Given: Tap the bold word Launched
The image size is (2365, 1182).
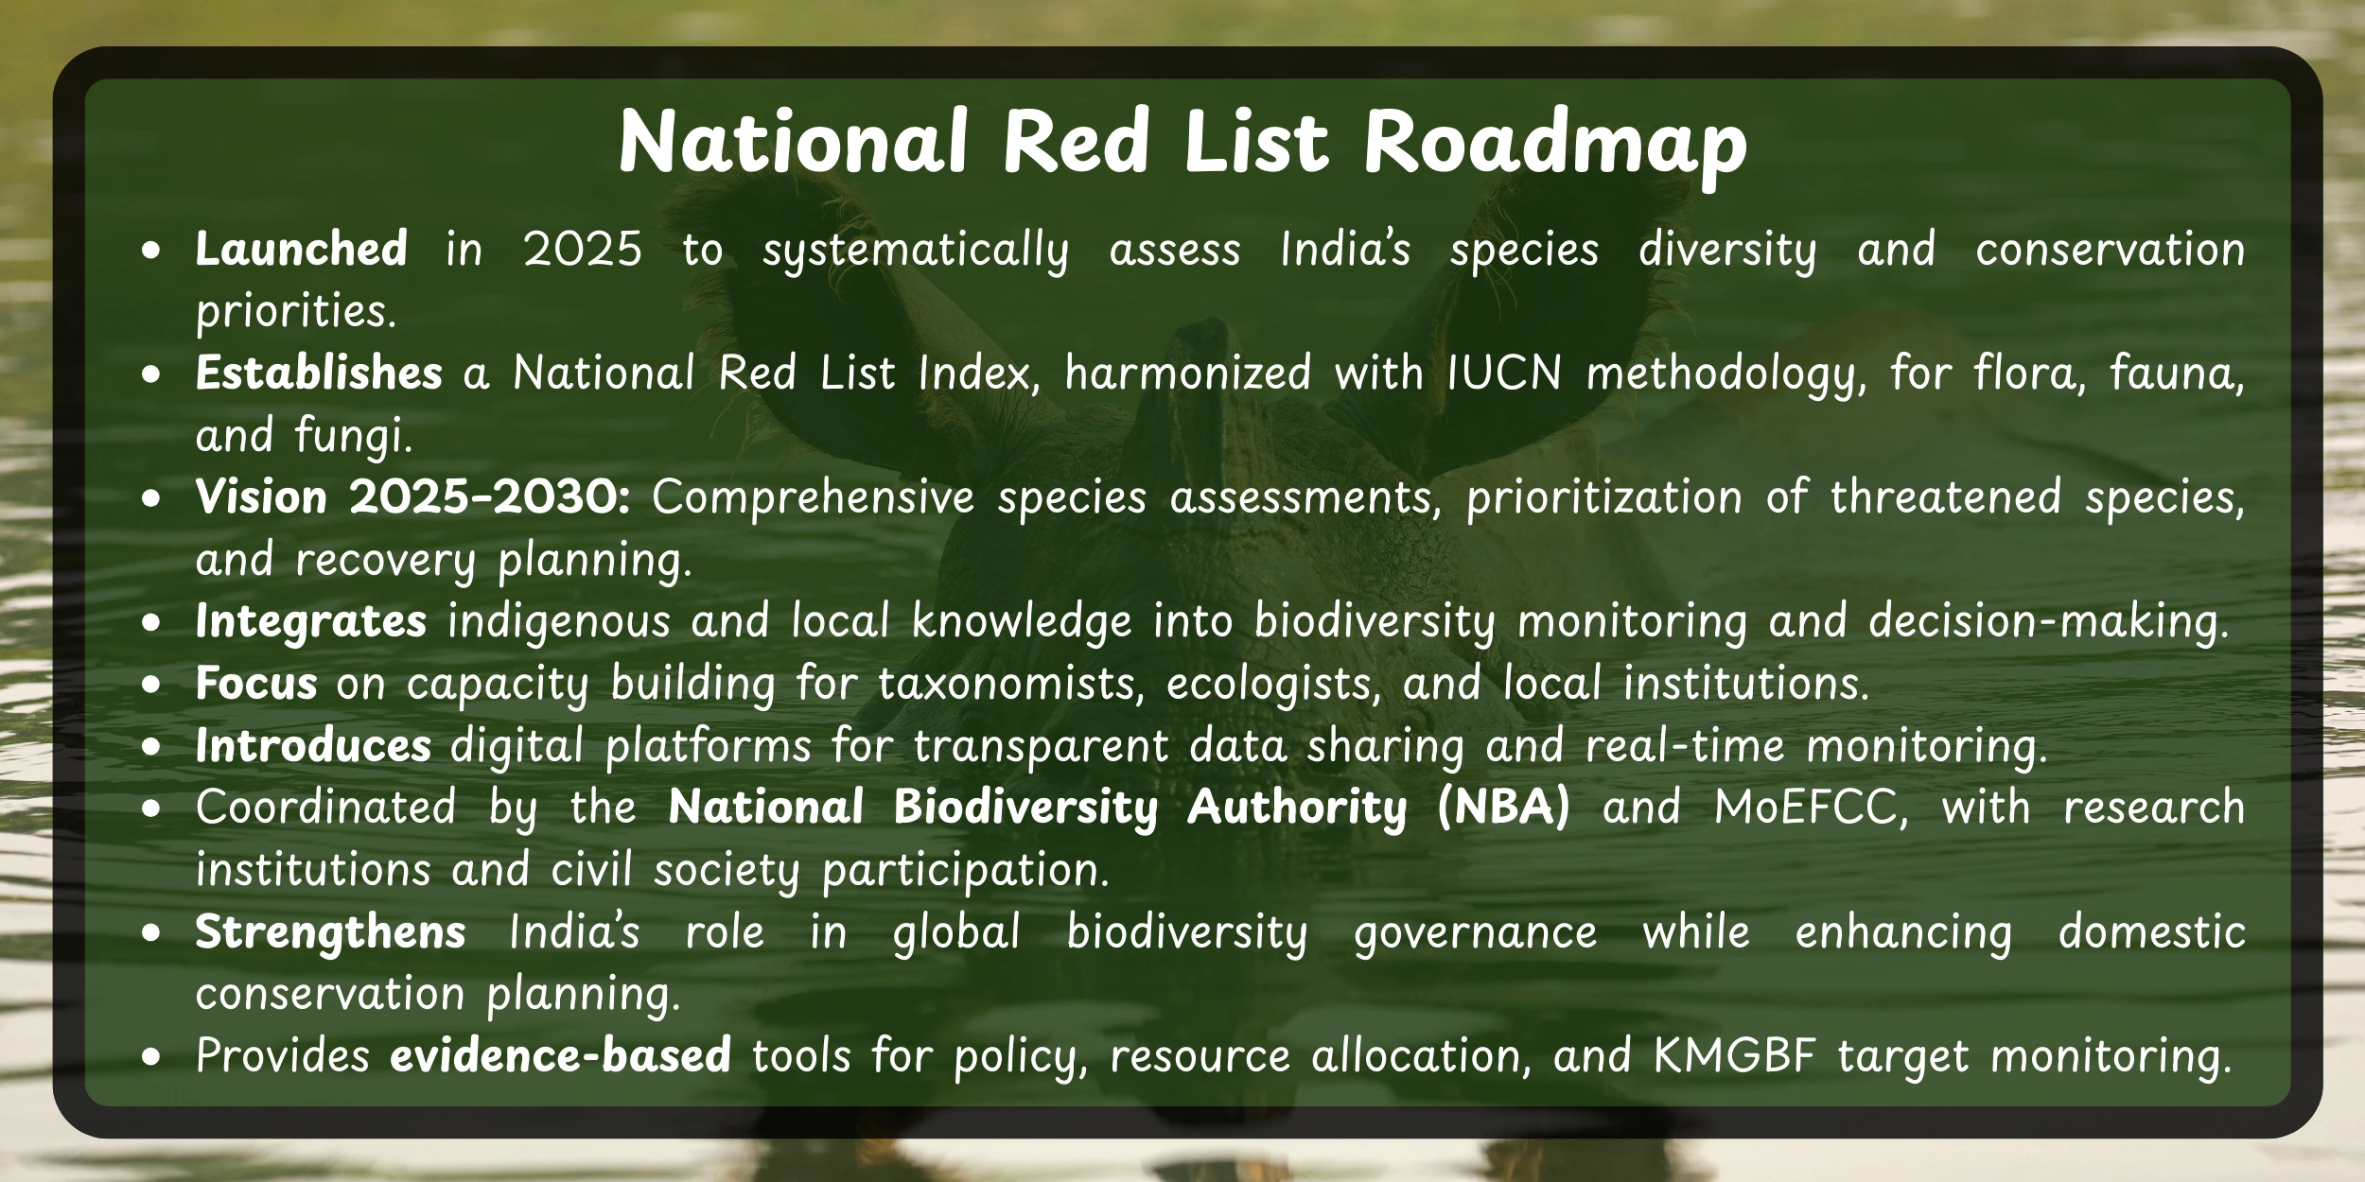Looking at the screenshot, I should [301, 250].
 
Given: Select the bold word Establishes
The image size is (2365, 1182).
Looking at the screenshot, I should [318, 374].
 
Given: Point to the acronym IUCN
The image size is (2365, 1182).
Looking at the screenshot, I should [1503, 374].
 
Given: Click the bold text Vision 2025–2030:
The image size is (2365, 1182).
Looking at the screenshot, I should [412, 497].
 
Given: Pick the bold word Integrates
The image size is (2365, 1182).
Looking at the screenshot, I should [310, 622].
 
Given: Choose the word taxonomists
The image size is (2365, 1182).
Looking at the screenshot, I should [1010, 684].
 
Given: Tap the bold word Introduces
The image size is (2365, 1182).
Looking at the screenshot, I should [313, 746].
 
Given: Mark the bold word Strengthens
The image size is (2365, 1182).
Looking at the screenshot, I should [330, 932].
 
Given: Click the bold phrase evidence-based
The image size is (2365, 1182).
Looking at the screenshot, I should [560, 1056].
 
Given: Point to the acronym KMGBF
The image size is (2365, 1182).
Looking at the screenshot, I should [1734, 1056].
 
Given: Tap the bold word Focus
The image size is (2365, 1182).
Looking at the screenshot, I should [255, 684].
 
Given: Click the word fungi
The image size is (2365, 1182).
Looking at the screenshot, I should [352, 436].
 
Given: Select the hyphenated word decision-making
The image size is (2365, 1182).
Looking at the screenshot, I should [2048, 622].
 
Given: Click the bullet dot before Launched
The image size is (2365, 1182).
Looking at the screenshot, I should [151, 252].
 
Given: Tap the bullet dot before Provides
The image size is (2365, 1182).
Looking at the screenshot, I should [151, 1058].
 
